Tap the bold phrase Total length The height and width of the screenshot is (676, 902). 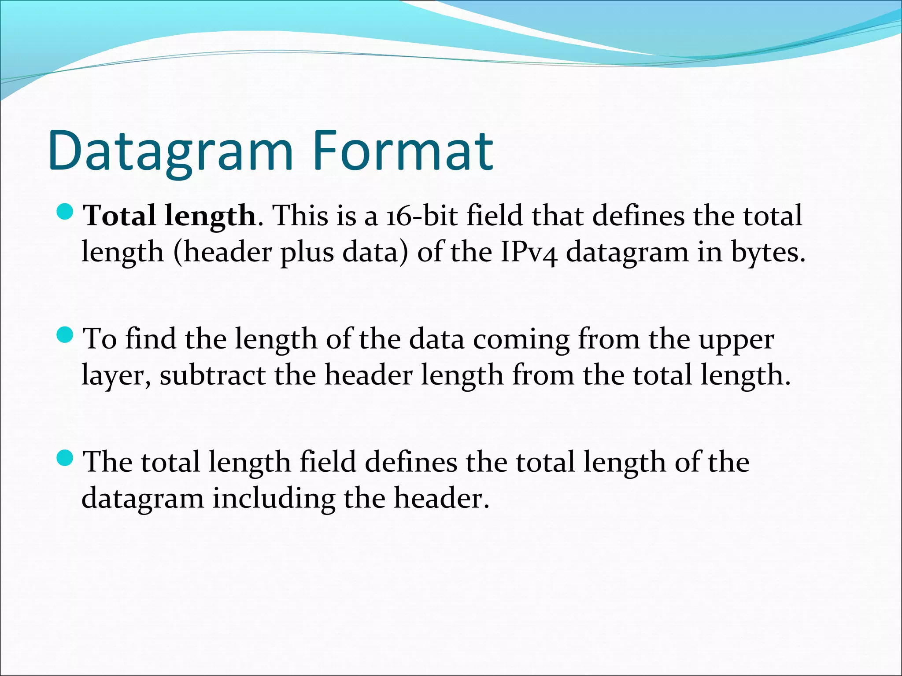point(170,217)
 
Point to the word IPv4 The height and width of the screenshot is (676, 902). point(529,253)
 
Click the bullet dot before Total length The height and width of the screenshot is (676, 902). point(65,213)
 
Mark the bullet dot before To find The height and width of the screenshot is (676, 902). point(65,336)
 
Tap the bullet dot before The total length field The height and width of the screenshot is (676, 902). point(65,459)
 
